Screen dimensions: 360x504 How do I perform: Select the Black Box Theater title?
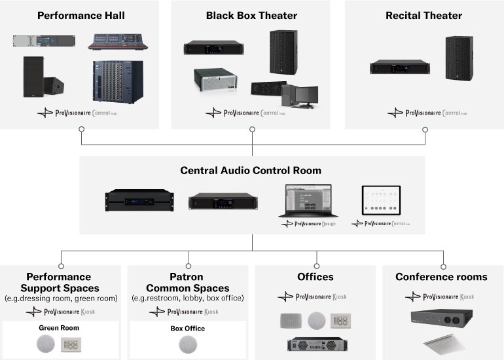(251, 15)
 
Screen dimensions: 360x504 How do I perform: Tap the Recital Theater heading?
(423, 15)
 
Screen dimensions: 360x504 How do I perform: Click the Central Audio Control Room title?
(251, 171)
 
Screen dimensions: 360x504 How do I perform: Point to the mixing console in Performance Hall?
(118, 43)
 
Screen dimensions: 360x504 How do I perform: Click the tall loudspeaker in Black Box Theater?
(283, 52)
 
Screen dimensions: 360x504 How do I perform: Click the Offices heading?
(315, 278)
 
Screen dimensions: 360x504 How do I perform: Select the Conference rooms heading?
(441, 278)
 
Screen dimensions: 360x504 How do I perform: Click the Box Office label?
(187, 329)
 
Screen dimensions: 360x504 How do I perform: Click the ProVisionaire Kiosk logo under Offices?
(315, 297)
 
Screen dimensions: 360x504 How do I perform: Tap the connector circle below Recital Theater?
(425, 130)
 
